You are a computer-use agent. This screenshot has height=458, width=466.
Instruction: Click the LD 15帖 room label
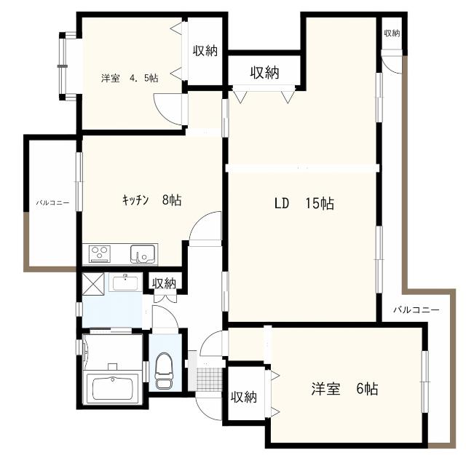pos(304,204)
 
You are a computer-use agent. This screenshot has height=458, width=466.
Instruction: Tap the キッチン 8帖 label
pos(151,200)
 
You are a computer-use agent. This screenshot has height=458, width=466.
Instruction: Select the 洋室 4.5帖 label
pos(130,78)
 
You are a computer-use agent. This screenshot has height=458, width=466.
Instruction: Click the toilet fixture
pos(165,371)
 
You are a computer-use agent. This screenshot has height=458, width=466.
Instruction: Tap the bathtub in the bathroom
pos(112,388)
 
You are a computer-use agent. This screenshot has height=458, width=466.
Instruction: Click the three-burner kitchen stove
pos(100,254)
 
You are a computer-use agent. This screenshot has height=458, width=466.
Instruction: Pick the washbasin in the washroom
pos(125,283)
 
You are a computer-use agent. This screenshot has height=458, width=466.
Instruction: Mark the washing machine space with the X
pos(93,284)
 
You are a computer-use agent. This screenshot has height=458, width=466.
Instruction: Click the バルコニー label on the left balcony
pos(52,203)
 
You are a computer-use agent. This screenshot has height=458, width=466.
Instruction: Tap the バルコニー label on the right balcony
pos(416,310)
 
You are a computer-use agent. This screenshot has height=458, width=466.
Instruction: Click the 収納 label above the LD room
pos(264,72)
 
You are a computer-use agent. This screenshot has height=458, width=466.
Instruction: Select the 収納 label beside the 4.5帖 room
pos(205,51)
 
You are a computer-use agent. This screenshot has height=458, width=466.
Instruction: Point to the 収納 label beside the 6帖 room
pos(244,397)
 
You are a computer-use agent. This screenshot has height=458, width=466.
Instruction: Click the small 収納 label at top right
pos(392,33)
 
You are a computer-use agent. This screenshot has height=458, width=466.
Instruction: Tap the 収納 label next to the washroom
pos(164,284)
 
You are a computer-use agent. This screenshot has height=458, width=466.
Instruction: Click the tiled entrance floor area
pos(209,379)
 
